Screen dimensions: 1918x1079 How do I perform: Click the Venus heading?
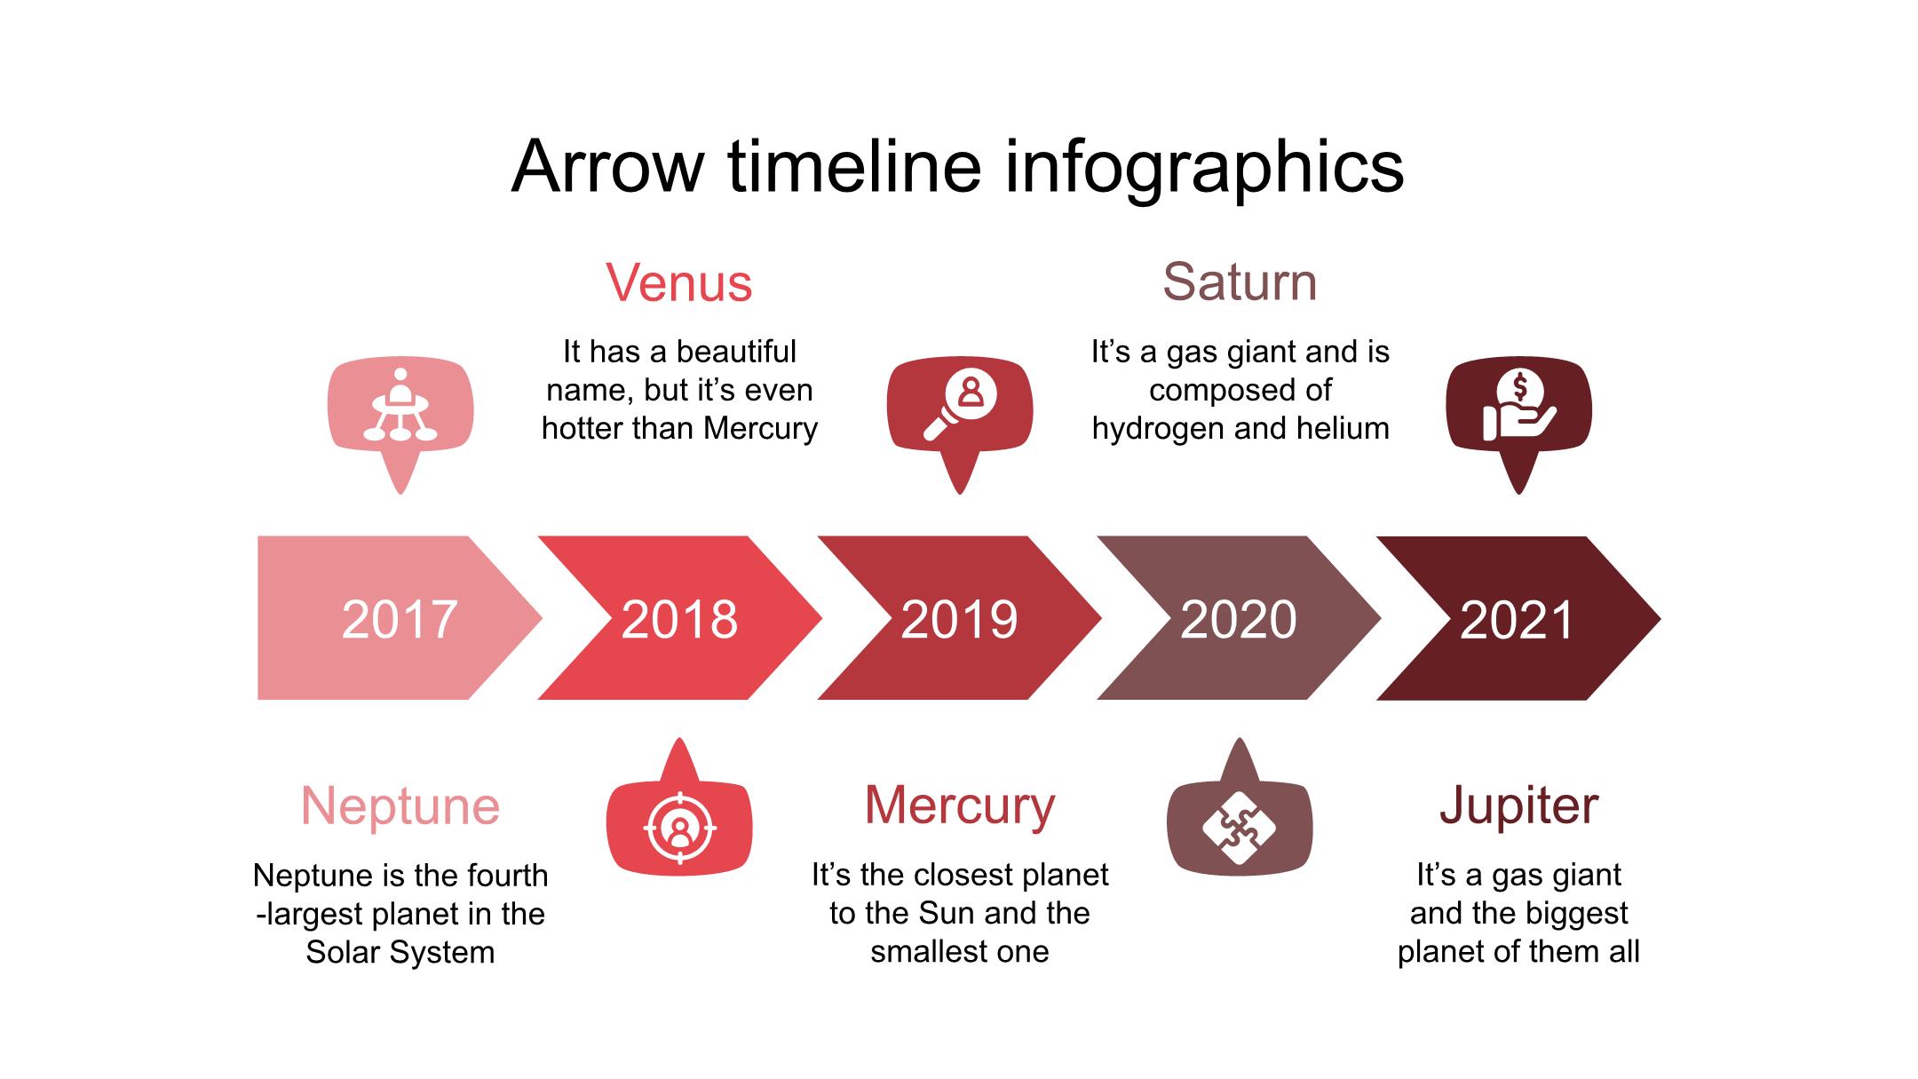tap(679, 283)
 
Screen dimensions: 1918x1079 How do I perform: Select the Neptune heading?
tap(400, 806)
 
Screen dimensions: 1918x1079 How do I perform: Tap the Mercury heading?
tap(960, 806)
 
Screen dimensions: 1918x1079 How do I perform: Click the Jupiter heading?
tap(1519, 806)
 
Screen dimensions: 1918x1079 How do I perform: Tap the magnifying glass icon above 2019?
tap(960, 405)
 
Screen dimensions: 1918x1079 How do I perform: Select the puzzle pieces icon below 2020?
tap(1239, 829)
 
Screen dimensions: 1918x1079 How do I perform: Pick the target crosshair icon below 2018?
tap(679, 829)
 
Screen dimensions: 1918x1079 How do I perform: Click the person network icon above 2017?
tap(400, 405)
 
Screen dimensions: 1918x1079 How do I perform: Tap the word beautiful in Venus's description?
tap(736, 352)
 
